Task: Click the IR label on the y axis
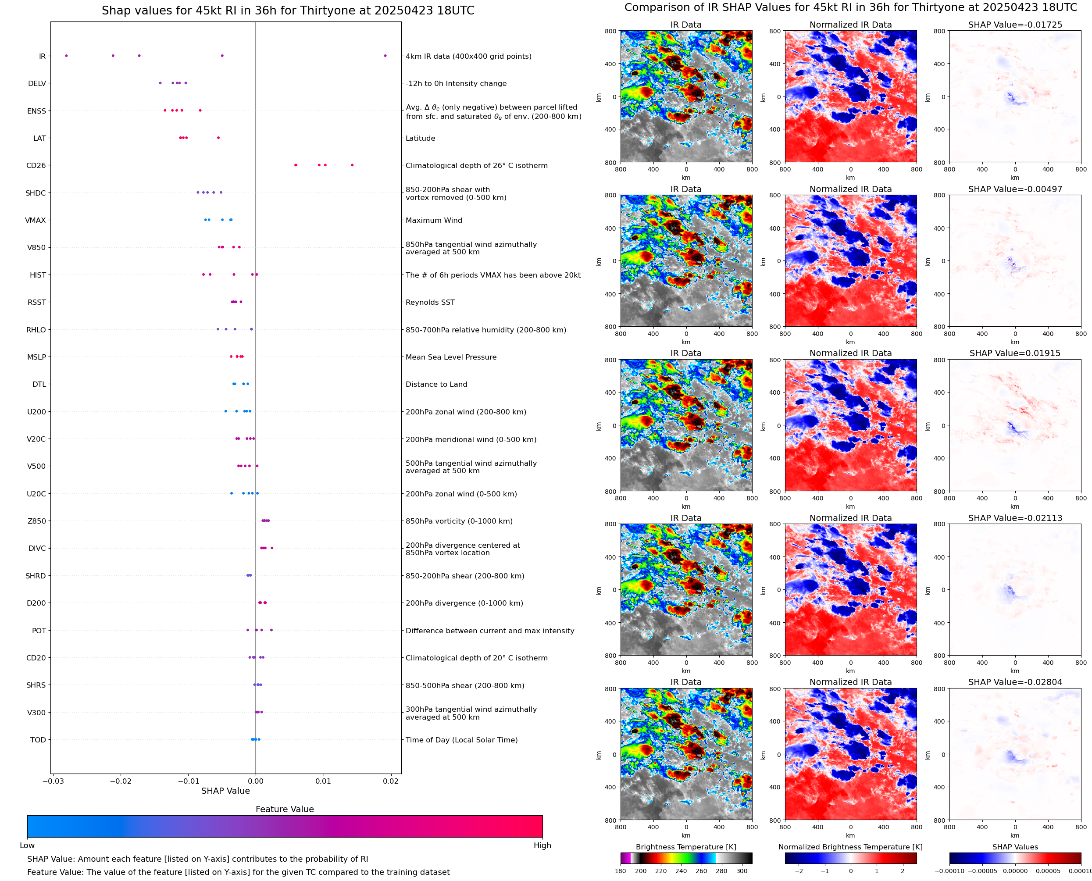(x=42, y=56)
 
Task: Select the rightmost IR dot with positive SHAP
(x=385, y=56)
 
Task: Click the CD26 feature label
(x=36, y=165)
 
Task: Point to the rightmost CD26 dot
(x=352, y=165)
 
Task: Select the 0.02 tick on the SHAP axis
(x=391, y=781)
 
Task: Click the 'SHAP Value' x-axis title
(x=225, y=791)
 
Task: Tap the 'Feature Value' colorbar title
(x=285, y=810)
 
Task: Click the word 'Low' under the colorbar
(x=27, y=845)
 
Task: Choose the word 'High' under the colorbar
(x=542, y=845)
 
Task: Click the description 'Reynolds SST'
(x=430, y=303)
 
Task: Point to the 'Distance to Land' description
(x=436, y=385)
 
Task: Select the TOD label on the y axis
(x=38, y=740)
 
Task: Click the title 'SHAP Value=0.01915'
(x=1015, y=353)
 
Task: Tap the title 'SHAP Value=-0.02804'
(x=1015, y=682)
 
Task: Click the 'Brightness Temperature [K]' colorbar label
(x=686, y=847)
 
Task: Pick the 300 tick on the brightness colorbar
(x=742, y=871)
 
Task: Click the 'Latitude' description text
(x=420, y=139)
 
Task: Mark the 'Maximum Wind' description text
(x=434, y=220)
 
